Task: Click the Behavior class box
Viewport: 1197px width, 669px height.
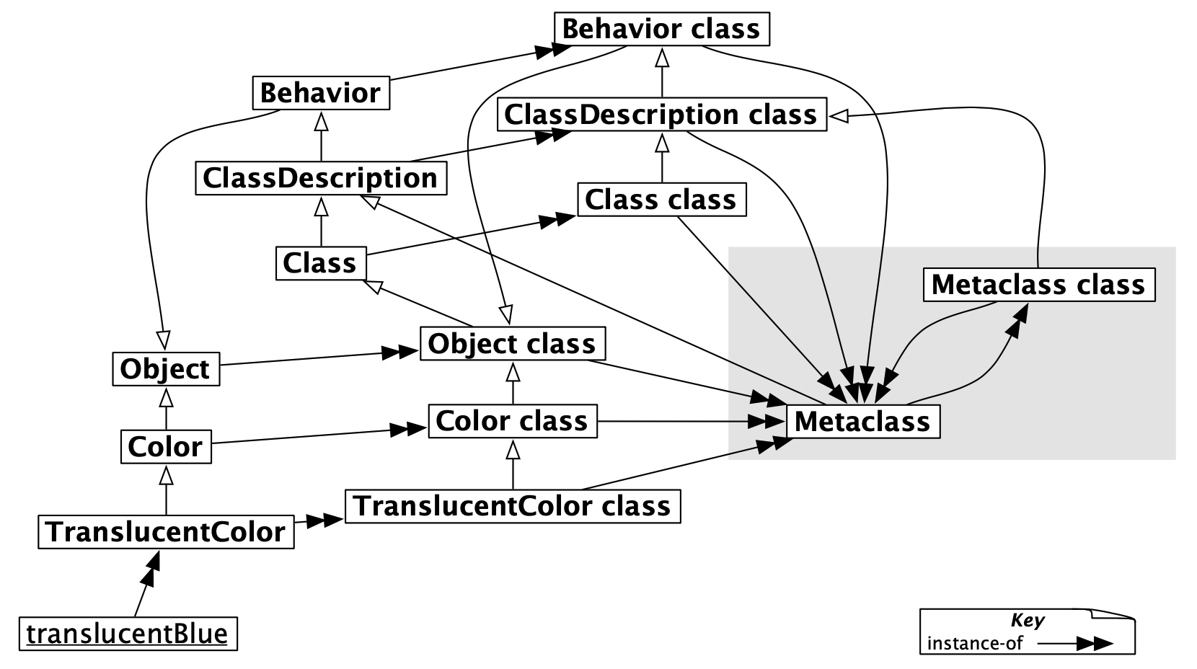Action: [661, 30]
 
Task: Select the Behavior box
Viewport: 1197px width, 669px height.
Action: [321, 93]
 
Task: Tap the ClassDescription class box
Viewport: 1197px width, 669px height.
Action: [661, 115]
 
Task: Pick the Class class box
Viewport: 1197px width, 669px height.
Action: [661, 200]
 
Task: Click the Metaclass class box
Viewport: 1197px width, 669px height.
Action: [1038, 285]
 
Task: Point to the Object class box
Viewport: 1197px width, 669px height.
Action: [512, 344]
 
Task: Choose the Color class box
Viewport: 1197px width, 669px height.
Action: [512, 421]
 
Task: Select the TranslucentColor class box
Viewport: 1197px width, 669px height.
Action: [513, 506]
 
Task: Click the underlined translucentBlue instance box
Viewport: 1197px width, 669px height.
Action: [128, 634]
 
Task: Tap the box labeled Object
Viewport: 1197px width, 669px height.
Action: [166, 369]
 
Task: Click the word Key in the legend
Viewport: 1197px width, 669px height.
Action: [1028, 621]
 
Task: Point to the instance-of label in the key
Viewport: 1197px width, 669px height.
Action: [974, 643]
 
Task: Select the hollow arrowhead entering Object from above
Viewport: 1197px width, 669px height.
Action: [163, 339]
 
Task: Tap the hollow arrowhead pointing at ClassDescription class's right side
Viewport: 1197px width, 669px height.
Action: [839, 115]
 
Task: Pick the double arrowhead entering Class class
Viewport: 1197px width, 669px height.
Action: [559, 220]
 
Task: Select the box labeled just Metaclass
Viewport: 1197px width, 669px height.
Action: [862, 422]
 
